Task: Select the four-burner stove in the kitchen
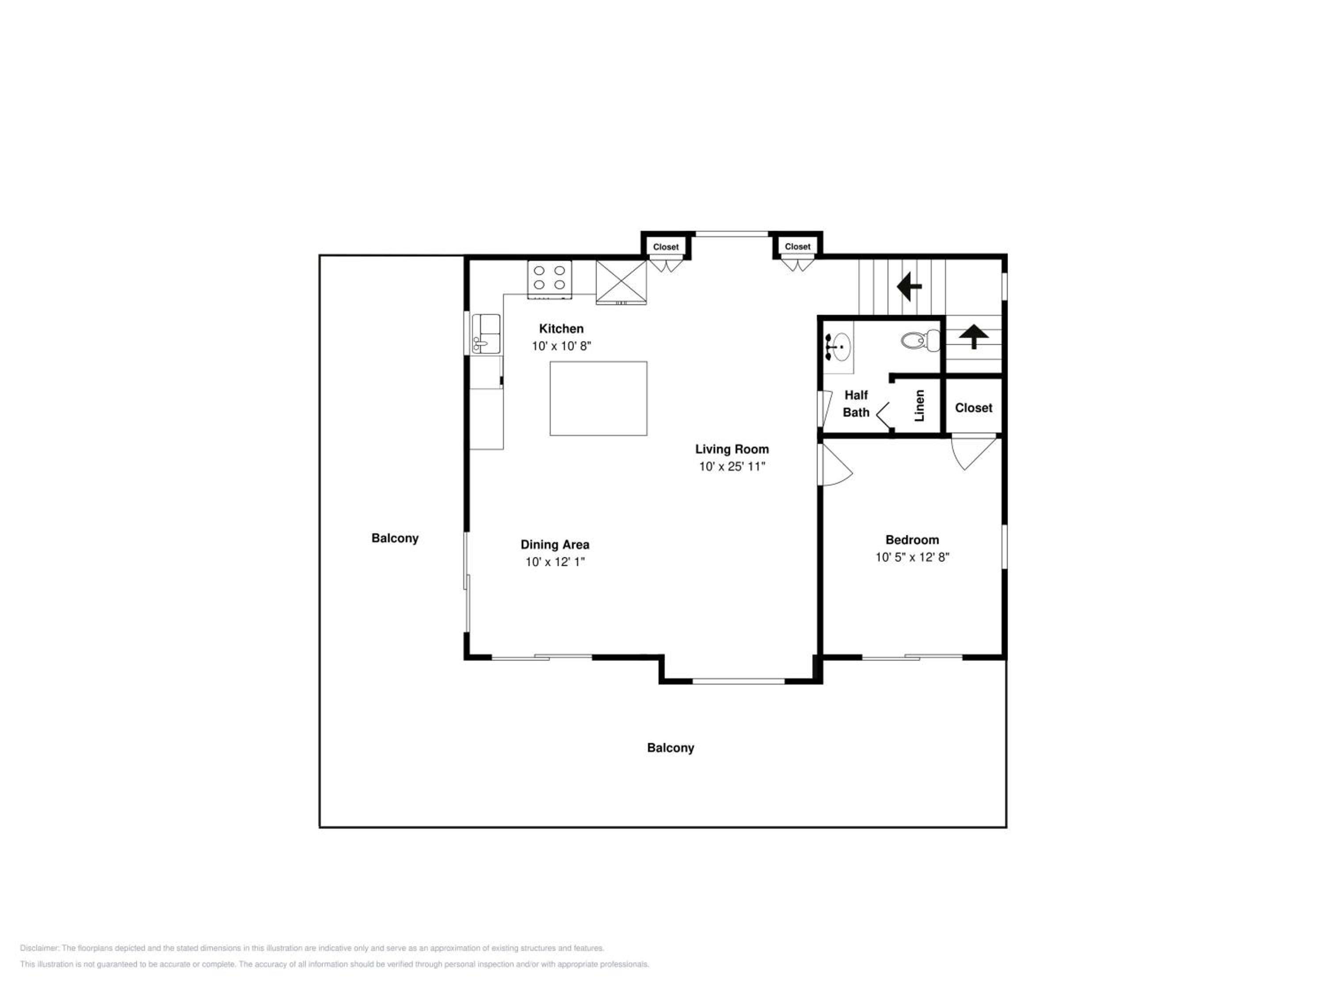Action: (549, 279)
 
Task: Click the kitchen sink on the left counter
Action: (486, 334)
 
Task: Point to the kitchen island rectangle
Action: (598, 398)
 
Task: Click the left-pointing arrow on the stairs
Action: (909, 286)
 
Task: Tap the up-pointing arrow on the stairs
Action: (974, 337)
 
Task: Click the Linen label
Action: (919, 406)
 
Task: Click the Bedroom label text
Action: (912, 540)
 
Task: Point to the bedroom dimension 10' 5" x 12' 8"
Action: (912, 557)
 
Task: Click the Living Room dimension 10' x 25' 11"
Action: (732, 467)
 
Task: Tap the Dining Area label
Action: (555, 544)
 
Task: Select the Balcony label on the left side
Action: (394, 539)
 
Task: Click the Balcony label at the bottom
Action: (670, 748)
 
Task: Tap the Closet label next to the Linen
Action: (974, 408)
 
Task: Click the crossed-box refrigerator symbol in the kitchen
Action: (621, 282)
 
